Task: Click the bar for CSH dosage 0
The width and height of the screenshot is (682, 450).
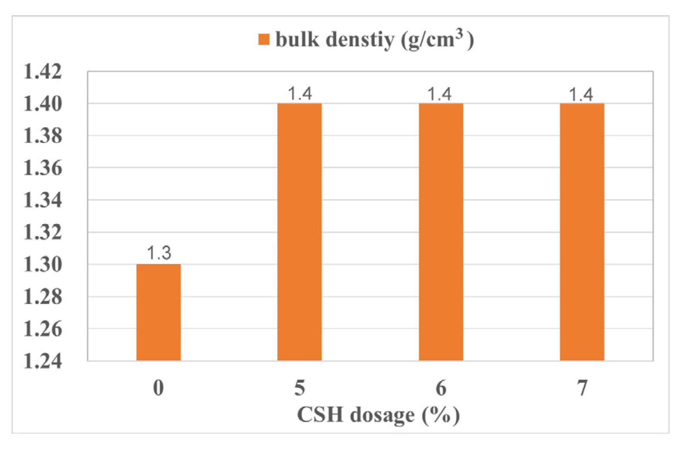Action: [x=159, y=312]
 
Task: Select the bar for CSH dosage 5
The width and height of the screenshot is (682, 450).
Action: [x=300, y=232]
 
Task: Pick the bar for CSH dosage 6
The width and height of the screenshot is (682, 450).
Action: [x=441, y=232]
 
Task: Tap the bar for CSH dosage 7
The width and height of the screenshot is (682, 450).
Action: [x=582, y=232]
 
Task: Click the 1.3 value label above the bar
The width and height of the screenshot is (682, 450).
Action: [x=159, y=253]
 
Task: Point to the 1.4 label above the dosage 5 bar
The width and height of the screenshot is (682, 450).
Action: [x=300, y=94]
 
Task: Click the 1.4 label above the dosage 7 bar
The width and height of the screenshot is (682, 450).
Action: [x=581, y=94]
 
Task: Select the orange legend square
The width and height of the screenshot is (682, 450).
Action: [x=264, y=39]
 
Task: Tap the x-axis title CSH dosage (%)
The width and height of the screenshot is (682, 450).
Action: [x=378, y=415]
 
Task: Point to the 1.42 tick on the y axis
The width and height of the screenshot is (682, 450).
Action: [x=43, y=72]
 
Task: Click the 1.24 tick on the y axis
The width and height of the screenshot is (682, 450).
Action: [x=43, y=361]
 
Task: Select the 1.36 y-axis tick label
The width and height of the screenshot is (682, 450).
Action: [x=43, y=168]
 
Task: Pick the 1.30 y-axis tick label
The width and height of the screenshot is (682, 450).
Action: [x=43, y=265]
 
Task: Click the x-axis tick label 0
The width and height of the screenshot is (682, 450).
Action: [x=159, y=388]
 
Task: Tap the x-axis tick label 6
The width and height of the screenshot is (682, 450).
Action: [x=441, y=388]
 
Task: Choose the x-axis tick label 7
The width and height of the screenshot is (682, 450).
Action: [x=582, y=388]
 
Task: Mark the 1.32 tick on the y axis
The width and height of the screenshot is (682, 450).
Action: [x=43, y=232]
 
